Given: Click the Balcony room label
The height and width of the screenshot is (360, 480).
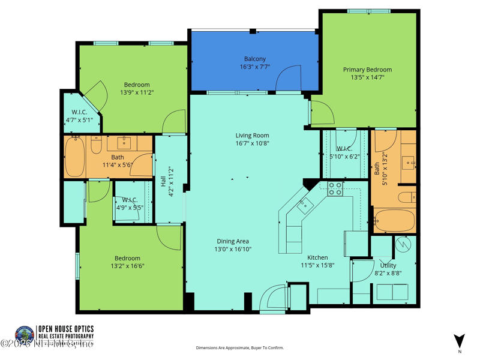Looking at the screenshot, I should coord(254,59).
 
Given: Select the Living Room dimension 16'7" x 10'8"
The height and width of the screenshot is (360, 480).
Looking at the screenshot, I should coord(252,143).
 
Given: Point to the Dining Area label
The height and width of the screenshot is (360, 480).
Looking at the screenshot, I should coord(233,241).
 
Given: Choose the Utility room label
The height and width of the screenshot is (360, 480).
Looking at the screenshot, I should coord(388,265).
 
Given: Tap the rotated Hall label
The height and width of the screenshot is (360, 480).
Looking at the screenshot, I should coord(163,181).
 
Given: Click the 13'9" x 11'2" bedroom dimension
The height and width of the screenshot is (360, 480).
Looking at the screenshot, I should coord(137,92).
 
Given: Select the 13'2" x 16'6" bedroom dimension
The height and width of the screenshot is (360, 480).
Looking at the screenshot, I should coord(127,266).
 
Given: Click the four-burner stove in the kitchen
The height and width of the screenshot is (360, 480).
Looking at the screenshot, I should coord(335,189).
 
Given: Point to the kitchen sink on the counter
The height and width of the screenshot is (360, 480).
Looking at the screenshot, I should coord(305,204).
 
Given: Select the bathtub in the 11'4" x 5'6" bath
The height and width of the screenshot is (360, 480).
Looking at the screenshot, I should coord(75,157).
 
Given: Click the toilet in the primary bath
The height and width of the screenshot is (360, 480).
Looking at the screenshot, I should coord(407,197).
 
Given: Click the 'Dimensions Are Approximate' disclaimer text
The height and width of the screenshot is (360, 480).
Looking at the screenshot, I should coord(240,348).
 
